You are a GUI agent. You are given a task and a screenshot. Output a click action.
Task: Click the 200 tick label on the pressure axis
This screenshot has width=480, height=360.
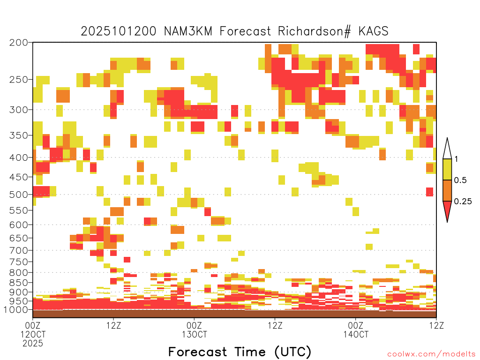(x=18, y=43)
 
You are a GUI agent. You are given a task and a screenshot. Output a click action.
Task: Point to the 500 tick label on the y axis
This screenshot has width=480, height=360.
(x=18, y=195)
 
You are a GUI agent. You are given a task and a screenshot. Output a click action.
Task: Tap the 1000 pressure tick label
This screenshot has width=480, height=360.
(x=15, y=309)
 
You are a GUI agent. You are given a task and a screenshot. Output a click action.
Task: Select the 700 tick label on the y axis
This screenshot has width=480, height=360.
(x=18, y=250)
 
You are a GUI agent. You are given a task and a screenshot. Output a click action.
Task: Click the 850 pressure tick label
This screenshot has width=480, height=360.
(x=18, y=282)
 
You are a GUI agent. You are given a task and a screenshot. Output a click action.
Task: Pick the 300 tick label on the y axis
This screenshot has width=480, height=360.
(x=18, y=110)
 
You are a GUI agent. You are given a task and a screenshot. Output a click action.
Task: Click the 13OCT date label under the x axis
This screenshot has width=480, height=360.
(x=195, y=334)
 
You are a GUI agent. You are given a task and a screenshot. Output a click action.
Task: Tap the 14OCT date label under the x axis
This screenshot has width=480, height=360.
(x=356, y=334)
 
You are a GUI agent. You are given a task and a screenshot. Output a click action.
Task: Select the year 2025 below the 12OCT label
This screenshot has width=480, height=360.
(x=33, y=344)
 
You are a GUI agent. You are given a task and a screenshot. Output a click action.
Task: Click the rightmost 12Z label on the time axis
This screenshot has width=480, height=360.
(x=436, y=325)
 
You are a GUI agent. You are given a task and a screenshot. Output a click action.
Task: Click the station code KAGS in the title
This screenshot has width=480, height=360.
(x=374, y=31)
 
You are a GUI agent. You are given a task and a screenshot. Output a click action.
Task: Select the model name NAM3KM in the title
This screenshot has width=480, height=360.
(x=188, y=31)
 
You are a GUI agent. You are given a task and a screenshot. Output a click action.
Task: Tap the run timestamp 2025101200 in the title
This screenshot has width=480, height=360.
(x=119, y=31)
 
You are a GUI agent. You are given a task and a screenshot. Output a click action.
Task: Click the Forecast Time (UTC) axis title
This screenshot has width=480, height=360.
(x=240, y=352)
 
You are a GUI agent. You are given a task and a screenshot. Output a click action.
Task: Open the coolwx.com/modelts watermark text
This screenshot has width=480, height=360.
(x=432, y=354)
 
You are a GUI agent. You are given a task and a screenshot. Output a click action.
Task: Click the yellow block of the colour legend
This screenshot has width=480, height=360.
(x=447, y=169)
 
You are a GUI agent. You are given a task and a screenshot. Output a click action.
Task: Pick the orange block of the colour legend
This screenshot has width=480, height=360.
(x=447, y=190)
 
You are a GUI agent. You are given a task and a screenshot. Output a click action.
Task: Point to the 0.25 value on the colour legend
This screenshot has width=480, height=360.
(x=463, y=201)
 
